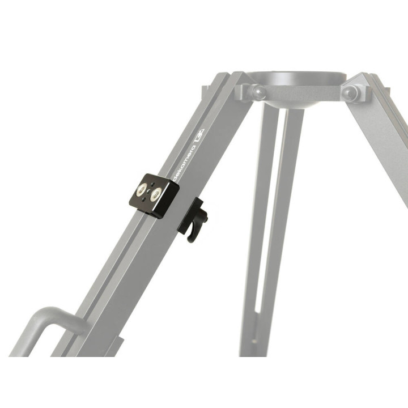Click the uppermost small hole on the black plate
coord(152,184)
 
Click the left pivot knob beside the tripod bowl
coord(258,92)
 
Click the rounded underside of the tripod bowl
coord(295,102)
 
